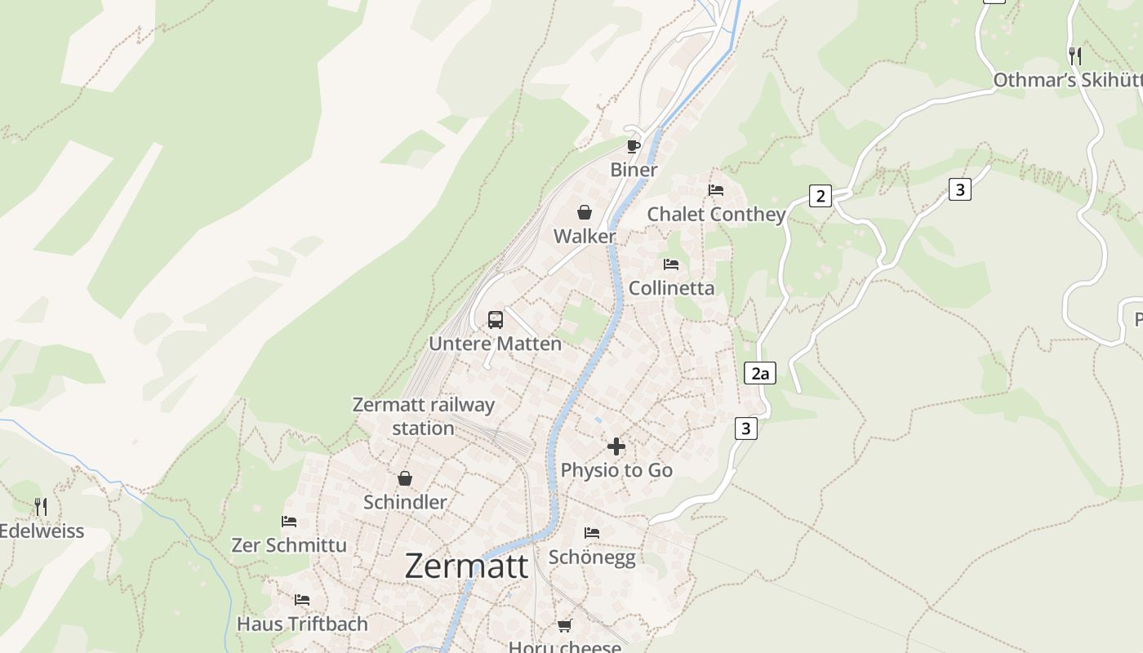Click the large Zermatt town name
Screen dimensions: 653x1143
coord(466,566)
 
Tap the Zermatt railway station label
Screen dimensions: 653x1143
coord(423,416)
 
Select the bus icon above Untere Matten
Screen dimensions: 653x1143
coord(496,320)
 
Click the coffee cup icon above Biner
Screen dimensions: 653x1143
coord(633,146)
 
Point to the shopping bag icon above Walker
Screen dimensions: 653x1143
coord(585,213)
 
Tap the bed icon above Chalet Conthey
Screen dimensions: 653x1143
coord(716,190)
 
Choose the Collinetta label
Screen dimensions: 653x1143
coord(671,288)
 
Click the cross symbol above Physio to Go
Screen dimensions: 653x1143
coord(616,446)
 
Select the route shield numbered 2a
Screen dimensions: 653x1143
coord(760,374)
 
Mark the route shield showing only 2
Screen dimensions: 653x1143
coord(821,196)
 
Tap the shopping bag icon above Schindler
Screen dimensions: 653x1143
coord(404,478)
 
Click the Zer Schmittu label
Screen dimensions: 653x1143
coord(289,545)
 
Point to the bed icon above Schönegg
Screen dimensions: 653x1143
coord(592,533)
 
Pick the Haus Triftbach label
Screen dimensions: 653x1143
coord(302,624)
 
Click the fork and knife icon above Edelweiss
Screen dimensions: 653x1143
coord(41,507)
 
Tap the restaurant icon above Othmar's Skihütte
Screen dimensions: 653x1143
coord(1075,56)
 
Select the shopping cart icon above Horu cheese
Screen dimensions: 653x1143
coord(564,626)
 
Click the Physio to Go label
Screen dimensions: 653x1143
coord(616,470)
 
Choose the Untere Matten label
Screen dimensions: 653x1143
coord(496,344)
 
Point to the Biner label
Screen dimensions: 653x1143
coord(634,170)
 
